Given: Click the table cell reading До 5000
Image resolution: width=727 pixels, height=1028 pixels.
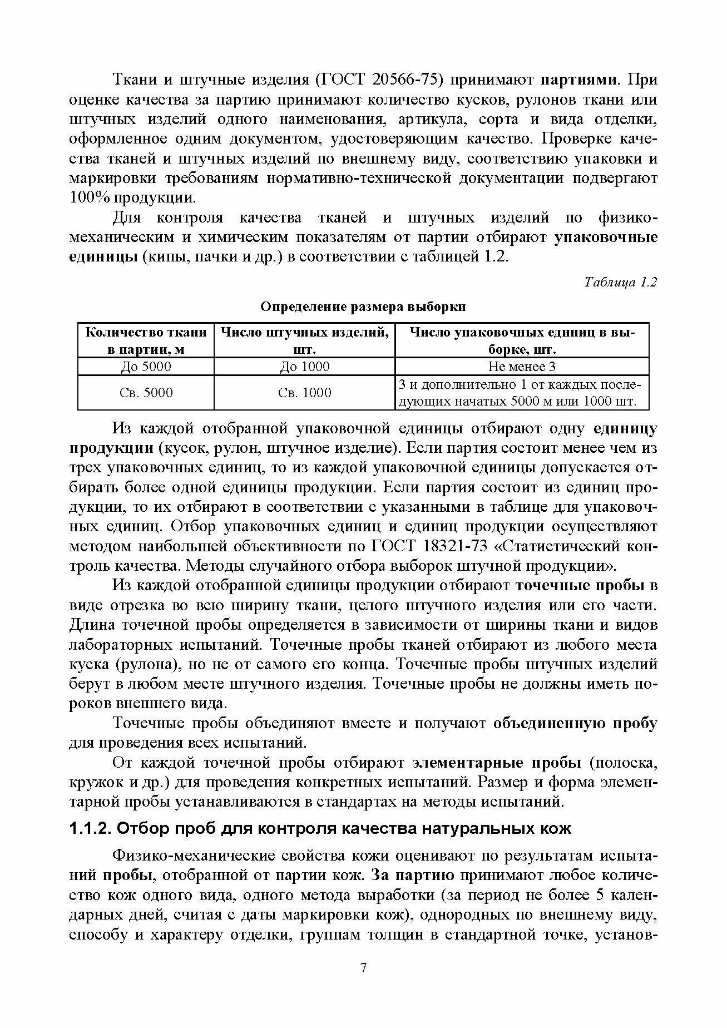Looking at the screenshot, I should (146, 367).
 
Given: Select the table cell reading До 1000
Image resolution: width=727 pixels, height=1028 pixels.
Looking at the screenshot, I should (304, 367).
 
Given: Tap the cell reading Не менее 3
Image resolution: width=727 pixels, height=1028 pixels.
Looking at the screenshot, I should (522, 367).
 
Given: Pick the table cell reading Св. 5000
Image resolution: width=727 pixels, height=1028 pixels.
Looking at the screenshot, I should (146, 393).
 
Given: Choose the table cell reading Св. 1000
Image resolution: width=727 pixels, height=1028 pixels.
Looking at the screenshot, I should (304, 393).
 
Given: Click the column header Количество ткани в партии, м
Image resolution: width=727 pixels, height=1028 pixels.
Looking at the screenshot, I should (146, 340).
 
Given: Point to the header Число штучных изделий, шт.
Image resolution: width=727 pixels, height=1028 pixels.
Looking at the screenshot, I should (304, 340).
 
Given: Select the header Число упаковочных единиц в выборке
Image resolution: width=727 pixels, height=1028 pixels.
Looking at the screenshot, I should (522, 340).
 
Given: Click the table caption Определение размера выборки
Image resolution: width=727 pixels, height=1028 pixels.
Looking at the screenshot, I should (363, 307).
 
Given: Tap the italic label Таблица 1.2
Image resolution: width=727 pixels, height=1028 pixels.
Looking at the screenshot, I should (621, 282).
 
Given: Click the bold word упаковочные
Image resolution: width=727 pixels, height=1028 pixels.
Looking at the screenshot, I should (606, 238).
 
